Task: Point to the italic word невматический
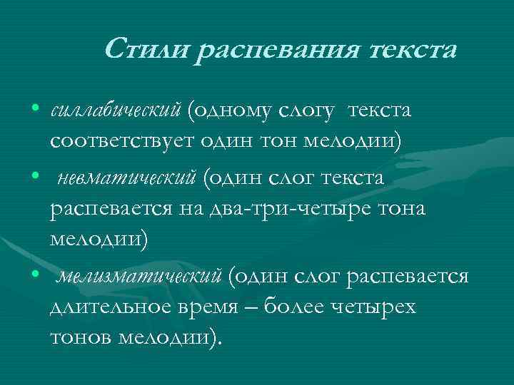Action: (x=124, y=177)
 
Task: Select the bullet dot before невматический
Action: (x=35, y=175)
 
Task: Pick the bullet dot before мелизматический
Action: (x=35, y=273)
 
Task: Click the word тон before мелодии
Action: (x=292, y=143)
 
